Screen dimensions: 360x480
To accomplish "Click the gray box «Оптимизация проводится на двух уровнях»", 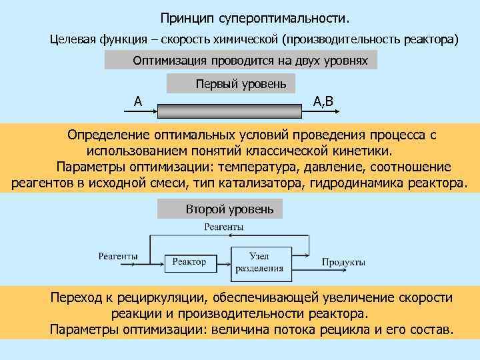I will (241, 61).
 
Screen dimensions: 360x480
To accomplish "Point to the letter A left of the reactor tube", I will (137, 101).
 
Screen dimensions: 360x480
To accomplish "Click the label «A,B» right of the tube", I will (327, 101).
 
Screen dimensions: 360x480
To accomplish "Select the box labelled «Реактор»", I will (189, 261).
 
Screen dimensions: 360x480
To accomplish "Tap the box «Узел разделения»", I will (258, 261).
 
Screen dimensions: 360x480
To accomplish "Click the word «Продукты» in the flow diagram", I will (343, 261).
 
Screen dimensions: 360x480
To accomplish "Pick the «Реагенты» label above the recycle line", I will (224, 227).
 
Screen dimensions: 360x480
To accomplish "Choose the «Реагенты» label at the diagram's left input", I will (118, 255).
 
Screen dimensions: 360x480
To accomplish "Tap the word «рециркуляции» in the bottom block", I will (153, 297).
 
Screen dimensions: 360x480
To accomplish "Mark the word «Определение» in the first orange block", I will (109, 135).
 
